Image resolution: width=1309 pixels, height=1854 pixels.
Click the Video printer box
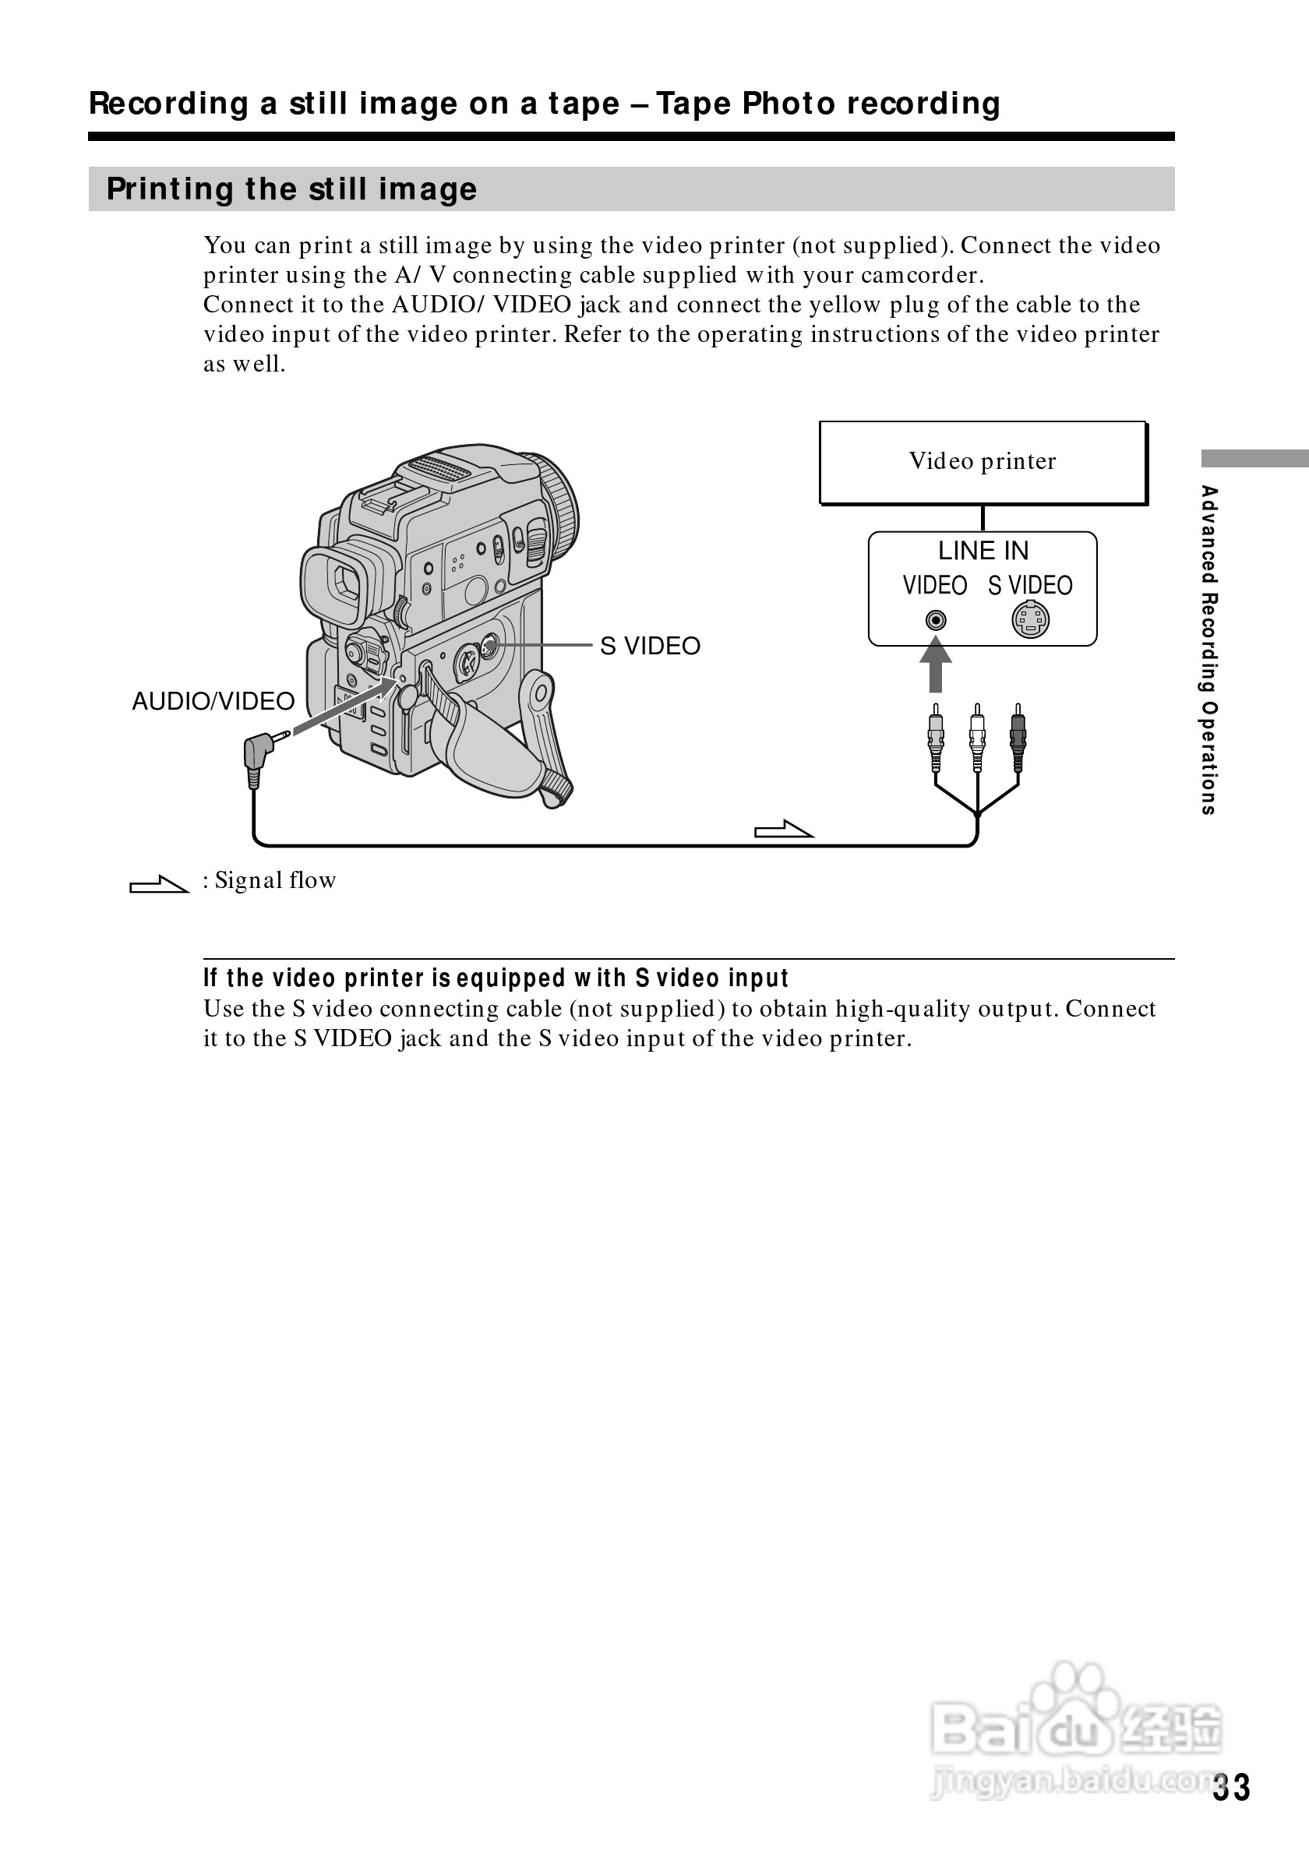(983, 463)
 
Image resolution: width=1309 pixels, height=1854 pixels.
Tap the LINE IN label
(983, 551)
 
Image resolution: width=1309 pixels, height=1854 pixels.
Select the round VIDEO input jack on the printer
(935, 620)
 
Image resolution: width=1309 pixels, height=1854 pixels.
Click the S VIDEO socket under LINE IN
(1030, 620)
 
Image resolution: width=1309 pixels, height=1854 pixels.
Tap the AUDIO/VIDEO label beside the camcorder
(213, 701)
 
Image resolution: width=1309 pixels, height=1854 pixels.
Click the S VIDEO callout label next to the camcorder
(650, 646)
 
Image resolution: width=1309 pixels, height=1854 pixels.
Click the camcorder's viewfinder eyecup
(341, 583)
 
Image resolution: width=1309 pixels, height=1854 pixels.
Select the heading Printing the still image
(291, 189)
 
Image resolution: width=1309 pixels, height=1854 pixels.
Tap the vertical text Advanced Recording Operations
(1208, 649)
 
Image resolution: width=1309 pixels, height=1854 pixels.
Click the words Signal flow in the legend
(275, 880)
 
